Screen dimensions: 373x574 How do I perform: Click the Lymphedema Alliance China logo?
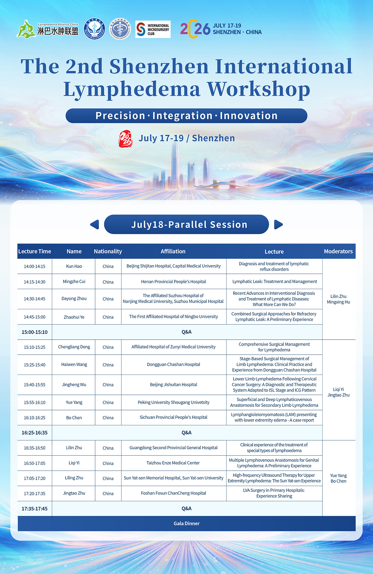(48, 29)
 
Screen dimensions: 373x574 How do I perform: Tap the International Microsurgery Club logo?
(153, 29)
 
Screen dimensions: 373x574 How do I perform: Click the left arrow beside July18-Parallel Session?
(94, 224)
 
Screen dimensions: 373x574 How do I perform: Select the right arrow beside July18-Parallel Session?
(279, 224)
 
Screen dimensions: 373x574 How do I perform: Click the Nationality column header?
(108, 251)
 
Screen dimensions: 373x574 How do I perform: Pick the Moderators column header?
(338, 251)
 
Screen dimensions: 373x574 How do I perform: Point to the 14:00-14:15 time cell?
(35, 266)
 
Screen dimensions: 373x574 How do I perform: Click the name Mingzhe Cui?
(74, 282)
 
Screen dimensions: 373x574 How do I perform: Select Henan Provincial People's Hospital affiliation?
(173, 282)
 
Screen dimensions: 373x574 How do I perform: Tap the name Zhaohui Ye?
(74, 317)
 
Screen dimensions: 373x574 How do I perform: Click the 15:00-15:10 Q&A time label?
(35, 332)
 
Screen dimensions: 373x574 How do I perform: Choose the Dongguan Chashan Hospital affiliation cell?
(173, 364)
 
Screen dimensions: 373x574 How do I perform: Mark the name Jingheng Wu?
(74, 385)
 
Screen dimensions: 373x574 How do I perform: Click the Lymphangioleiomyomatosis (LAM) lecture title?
(274, 417)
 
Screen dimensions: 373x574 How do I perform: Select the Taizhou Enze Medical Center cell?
(173, 463)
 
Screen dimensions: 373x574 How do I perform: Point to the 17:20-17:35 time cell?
(35, 493)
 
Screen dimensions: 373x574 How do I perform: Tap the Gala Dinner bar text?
(186, 523)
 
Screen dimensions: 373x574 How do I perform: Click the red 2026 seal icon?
(125, 138)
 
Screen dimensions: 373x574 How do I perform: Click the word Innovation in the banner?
(249, 116)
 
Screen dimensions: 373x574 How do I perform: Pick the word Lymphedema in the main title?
(132, 90)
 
